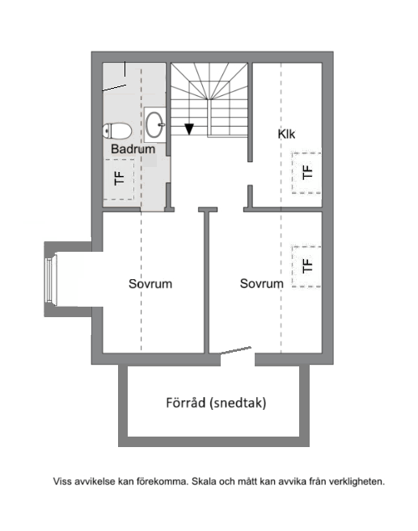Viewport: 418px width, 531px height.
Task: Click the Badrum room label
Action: [133, 149]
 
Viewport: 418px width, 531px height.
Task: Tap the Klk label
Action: [286, 134]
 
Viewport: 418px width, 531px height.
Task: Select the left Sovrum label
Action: [150, 284]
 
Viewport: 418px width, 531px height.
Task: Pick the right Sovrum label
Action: [261, 284]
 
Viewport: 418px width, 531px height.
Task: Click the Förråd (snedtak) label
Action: [216, 403]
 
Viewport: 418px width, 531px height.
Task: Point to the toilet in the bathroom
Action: [117, 130]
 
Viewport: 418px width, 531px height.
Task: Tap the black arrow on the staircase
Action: [189, 128]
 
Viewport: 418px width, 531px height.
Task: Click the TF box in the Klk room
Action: [306, 172]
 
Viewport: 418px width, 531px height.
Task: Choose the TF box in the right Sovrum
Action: [306, 265]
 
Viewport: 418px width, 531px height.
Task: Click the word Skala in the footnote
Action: [205, 482]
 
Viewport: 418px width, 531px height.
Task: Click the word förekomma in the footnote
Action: [161, 482]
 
